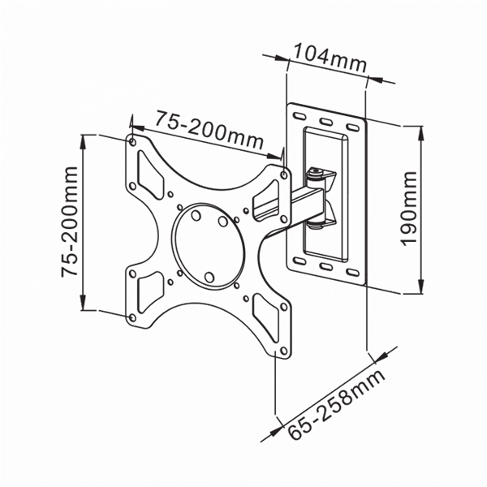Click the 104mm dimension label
point(330,58)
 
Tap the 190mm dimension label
point(409,209)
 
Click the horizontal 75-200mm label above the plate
point(209,130)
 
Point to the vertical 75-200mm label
point(69,222)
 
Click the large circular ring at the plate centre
point(209,246)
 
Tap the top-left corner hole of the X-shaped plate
point(132,142)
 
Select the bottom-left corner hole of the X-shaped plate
point(132,317)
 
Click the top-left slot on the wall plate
point(300,116)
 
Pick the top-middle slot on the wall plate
point(326,122)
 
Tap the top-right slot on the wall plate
point(353,127)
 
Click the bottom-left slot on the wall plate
point(300,261)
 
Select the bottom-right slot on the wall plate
point(353,273)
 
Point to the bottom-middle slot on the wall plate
point(326,266)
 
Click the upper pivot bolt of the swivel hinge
point(316,171)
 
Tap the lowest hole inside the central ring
point(209,278)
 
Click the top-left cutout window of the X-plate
point(150,175)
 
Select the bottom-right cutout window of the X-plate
point(266,317)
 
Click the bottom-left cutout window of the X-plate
point(150,292)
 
